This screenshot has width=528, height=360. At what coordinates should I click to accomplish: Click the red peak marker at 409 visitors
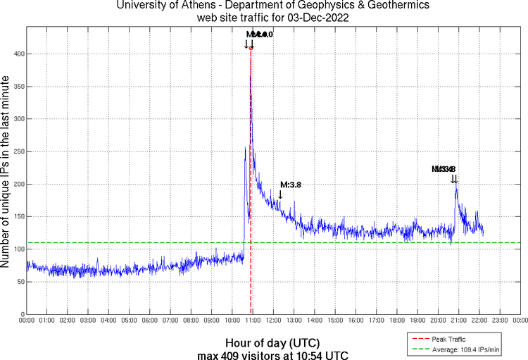coord(251,48)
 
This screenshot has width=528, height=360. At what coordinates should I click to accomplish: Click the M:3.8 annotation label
coord(291,185)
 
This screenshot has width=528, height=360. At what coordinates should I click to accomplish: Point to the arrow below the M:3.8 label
coord(280,194)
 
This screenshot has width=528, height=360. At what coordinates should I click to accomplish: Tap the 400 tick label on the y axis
coord(18,54)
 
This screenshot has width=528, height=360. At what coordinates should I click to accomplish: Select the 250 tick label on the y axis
coord(18,151)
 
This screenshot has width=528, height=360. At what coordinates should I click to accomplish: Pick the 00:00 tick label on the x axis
coord(27,321)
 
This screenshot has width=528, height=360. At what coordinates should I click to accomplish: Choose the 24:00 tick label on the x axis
coord(520,321)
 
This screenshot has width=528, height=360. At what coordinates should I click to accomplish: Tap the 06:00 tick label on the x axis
coord(150,321)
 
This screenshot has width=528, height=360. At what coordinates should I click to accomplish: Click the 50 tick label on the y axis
coord(20,282)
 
